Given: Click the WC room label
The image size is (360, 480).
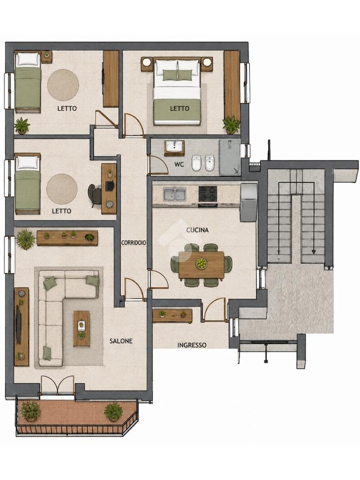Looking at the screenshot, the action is (179, 165).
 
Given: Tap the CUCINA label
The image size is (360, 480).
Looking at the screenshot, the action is (197, 230).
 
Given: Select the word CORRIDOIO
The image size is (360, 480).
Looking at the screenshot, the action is (134, 243).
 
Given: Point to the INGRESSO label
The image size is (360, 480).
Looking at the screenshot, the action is (192, 345).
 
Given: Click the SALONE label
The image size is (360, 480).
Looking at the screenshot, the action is (121, 341).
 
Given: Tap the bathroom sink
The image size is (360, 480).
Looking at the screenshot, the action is (174, 146).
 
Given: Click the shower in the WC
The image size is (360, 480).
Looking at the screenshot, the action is (230, 158).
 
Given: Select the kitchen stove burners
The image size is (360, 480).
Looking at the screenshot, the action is (208, 194).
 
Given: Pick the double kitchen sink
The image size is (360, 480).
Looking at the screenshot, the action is (174, 194).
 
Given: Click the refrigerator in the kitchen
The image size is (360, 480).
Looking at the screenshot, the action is (248, 202).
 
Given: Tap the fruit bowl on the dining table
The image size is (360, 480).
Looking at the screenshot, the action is (201, 263).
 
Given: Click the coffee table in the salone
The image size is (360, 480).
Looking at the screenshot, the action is (82, 329).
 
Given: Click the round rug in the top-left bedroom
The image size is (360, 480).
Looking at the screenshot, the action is (63, 85).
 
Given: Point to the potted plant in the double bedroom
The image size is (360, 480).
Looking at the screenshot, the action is (231, 125).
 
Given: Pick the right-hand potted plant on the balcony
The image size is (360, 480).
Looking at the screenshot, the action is (113, 412).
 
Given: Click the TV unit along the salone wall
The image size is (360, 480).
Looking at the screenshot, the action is (22, 327).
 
